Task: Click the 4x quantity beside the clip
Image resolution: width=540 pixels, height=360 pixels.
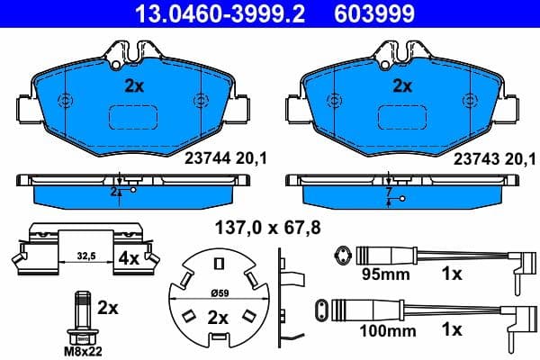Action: point(128,257)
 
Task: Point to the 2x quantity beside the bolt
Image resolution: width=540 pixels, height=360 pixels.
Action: point(107,308)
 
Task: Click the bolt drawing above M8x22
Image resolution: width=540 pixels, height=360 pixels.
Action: point(83,314)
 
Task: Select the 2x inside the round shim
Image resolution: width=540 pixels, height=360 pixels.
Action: point(218,318)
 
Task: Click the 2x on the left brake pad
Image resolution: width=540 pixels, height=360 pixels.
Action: point(132,86)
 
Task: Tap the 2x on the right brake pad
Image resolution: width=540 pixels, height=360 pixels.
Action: point(402,86)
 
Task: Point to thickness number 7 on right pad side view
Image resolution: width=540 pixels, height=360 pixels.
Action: point(388,193)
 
